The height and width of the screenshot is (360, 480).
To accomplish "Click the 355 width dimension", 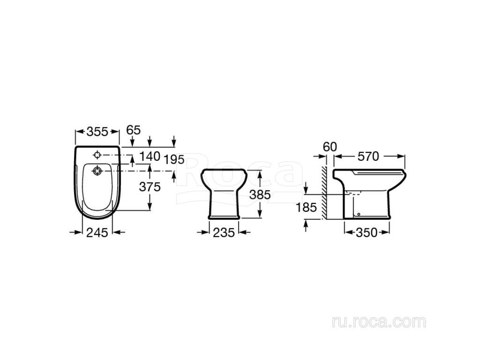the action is [x=97, y=132].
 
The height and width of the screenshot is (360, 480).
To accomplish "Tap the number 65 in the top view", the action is [x=134, y=130].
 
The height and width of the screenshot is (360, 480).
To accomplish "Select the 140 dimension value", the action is [x=150, y=157].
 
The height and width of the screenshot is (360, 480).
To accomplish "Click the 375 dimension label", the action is [x=150, y=187].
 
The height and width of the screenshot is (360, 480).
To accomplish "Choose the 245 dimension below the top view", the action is [x=97, y=232].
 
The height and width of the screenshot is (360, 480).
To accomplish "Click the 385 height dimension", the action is [x=260, y=195].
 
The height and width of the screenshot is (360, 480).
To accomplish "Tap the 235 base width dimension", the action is [x=224, y=232].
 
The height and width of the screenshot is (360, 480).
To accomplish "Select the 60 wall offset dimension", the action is [x=330, y=147].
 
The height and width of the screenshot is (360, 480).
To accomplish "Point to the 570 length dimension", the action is [x=368, y=157].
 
